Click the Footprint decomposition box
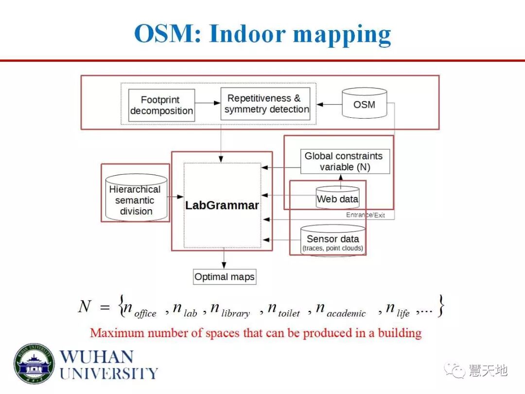coord(161,105)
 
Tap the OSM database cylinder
coord(364,103)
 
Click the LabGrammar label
coord(222,205)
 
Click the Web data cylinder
coord(337,198)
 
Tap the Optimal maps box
coord(224,277)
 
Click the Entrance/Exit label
coord(365,215)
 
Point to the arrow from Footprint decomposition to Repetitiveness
coord(208,103)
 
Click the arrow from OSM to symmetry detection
coord(329,104)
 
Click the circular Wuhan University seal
coord(34,364)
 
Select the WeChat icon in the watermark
coord(457,371)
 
